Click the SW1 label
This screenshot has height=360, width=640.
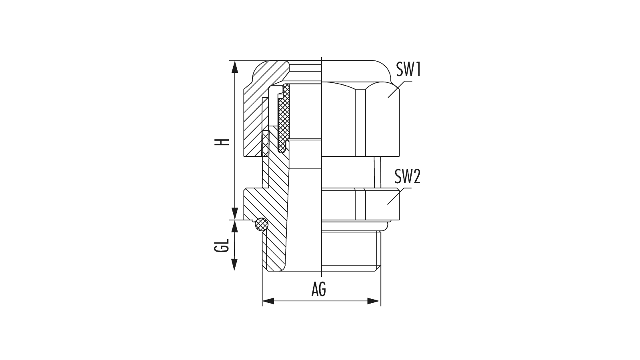(x=408, y=70)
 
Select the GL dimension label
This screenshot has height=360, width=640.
(x=222, y=245)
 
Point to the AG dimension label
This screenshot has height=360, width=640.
(x=318, y=290)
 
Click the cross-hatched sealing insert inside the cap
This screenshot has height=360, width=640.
(x=284, y=118)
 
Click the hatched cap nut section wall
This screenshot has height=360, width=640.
(x=254, y=114)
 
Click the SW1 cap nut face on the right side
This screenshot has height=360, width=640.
(x=360, y=120)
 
